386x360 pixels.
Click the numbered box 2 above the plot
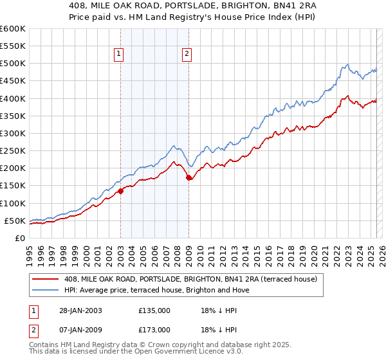point(187,55)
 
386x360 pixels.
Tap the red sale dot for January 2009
point(188,178)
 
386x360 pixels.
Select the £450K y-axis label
point(13,81)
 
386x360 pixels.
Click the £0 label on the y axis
point(20,239)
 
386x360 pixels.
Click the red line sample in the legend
point(46,279)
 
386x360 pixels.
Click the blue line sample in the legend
point(46,291)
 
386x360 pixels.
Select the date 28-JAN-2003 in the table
point(77,310)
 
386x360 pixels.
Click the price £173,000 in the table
point(154,330)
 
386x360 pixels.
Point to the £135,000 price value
point(154,310)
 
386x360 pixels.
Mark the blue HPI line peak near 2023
point(347,64)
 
